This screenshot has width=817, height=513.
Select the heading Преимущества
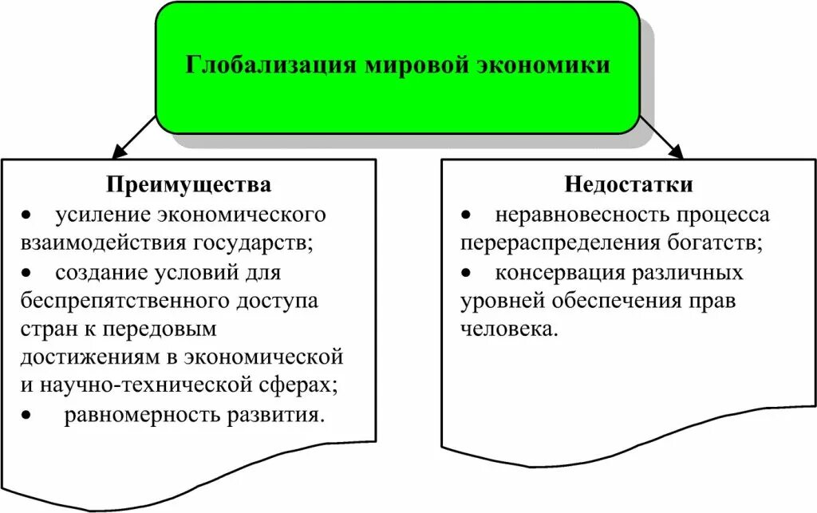coord(189,185)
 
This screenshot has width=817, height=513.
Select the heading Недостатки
coord(630,185)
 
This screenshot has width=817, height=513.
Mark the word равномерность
coord(134,416)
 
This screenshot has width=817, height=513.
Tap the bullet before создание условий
coord(27,274)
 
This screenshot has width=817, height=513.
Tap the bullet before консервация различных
coord(467,274)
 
